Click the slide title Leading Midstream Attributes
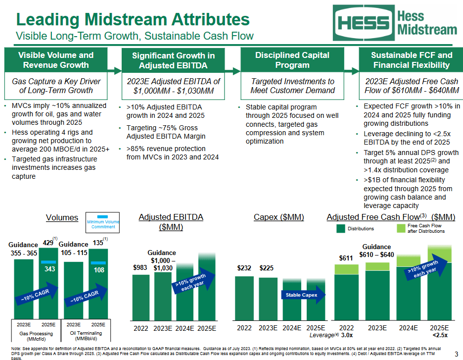tap(133, 19)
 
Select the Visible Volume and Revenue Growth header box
tap(55, 60)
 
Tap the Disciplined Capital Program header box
tap(292, 60)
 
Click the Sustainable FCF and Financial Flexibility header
tap(411, 60)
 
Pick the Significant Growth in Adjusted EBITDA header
tap(173, 60)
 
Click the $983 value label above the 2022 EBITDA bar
tap(140, 267)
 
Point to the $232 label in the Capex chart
tap(244, 268)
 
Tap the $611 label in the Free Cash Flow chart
tap(346, 258)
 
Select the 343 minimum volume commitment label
tap(49, 269)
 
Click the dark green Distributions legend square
tap(340, 228)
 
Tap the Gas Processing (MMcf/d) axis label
tap(36, 336)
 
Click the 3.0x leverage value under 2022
tap(347, 335)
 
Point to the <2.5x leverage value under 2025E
tap(439, 335)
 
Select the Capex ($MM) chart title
tap(278, 217)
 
